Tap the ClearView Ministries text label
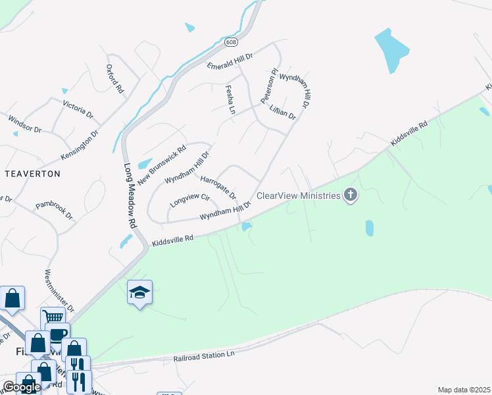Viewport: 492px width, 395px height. [298, 196]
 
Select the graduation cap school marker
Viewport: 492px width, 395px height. [139, 291]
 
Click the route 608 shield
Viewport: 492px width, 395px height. [230, 42]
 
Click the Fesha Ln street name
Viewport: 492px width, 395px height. [230, 99]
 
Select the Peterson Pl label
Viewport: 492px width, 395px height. [270, 86]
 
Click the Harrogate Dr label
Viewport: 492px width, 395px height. [218, 187]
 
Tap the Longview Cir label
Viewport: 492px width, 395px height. [189, 199]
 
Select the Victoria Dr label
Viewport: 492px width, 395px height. [78, 109]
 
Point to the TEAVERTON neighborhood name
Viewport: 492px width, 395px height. [33, 174]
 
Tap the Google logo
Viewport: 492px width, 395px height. [21, 387]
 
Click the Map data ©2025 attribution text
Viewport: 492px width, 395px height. [464, 390]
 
